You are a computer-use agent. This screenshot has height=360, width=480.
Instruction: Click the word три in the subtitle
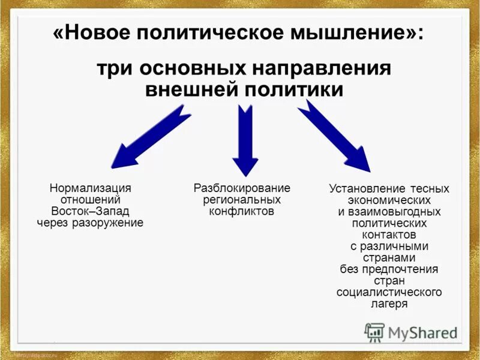point(115,68)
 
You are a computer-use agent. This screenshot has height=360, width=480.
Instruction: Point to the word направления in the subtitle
point(318,68)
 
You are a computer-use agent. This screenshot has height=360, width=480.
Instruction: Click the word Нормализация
point(90,188)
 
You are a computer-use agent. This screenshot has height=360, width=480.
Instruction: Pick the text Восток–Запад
point(90,211)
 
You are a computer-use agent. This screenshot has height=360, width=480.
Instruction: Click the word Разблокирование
point(241,188)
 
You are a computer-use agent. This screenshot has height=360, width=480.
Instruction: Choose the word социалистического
point(389,292)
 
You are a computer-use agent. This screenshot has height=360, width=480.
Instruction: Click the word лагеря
point(389,304)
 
